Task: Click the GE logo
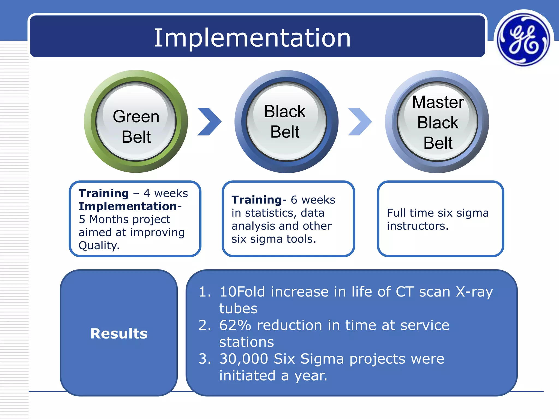click(524, 39)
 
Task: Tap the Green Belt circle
click(136, 122)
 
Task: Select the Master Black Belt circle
click(437, 122)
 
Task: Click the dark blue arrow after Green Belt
click(209, 122)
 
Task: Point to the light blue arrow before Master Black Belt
click(360, 122)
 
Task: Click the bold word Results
click(119, 333)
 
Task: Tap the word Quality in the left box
click(99, 246)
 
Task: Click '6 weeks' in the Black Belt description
click(313, 200)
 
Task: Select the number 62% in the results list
click(235, 325)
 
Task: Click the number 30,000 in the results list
click(244, 359)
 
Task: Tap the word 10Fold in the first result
click(242, 292)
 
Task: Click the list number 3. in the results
click(205, 359)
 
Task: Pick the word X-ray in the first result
click(474, 292)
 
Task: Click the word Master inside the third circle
click(438, 102)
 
